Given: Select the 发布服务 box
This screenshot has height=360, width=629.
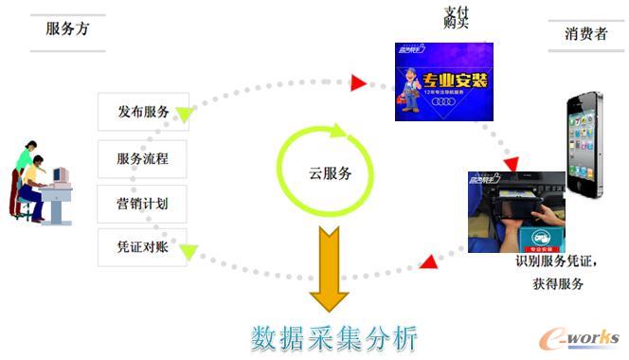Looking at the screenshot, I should click(143, 112).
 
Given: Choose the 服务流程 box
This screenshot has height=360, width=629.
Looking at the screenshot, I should click(143, 158).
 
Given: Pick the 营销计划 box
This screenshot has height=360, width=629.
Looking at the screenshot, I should click(143, 203).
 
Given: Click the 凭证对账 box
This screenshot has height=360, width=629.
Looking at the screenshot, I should click(143, 246).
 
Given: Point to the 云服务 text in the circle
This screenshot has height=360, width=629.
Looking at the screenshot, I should click(330, 173).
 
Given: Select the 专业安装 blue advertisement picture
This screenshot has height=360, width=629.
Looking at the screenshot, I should click(443, 82).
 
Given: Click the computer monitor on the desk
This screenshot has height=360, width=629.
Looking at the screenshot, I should click(61, 176).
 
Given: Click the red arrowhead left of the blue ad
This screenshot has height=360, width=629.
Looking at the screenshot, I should click(358, 83).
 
